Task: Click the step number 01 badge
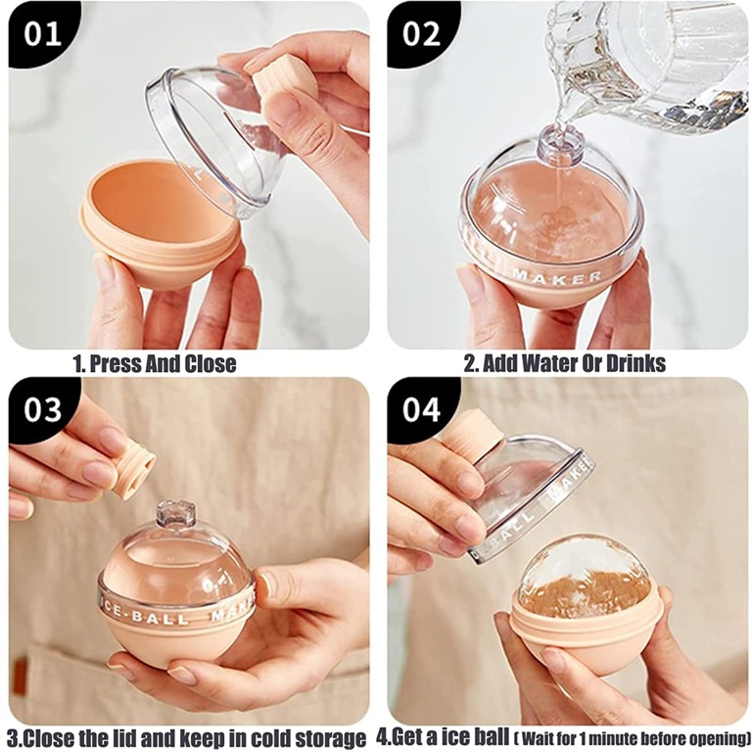point(42,33)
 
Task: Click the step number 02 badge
point(421,33)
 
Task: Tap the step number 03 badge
point(42,409)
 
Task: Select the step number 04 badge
point(421,409)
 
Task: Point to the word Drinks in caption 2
point(636,363)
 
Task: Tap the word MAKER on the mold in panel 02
point(557,277)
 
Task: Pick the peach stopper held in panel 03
point(133,470)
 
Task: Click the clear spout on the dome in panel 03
point(176,515)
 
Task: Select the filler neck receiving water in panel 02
point(560,144)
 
